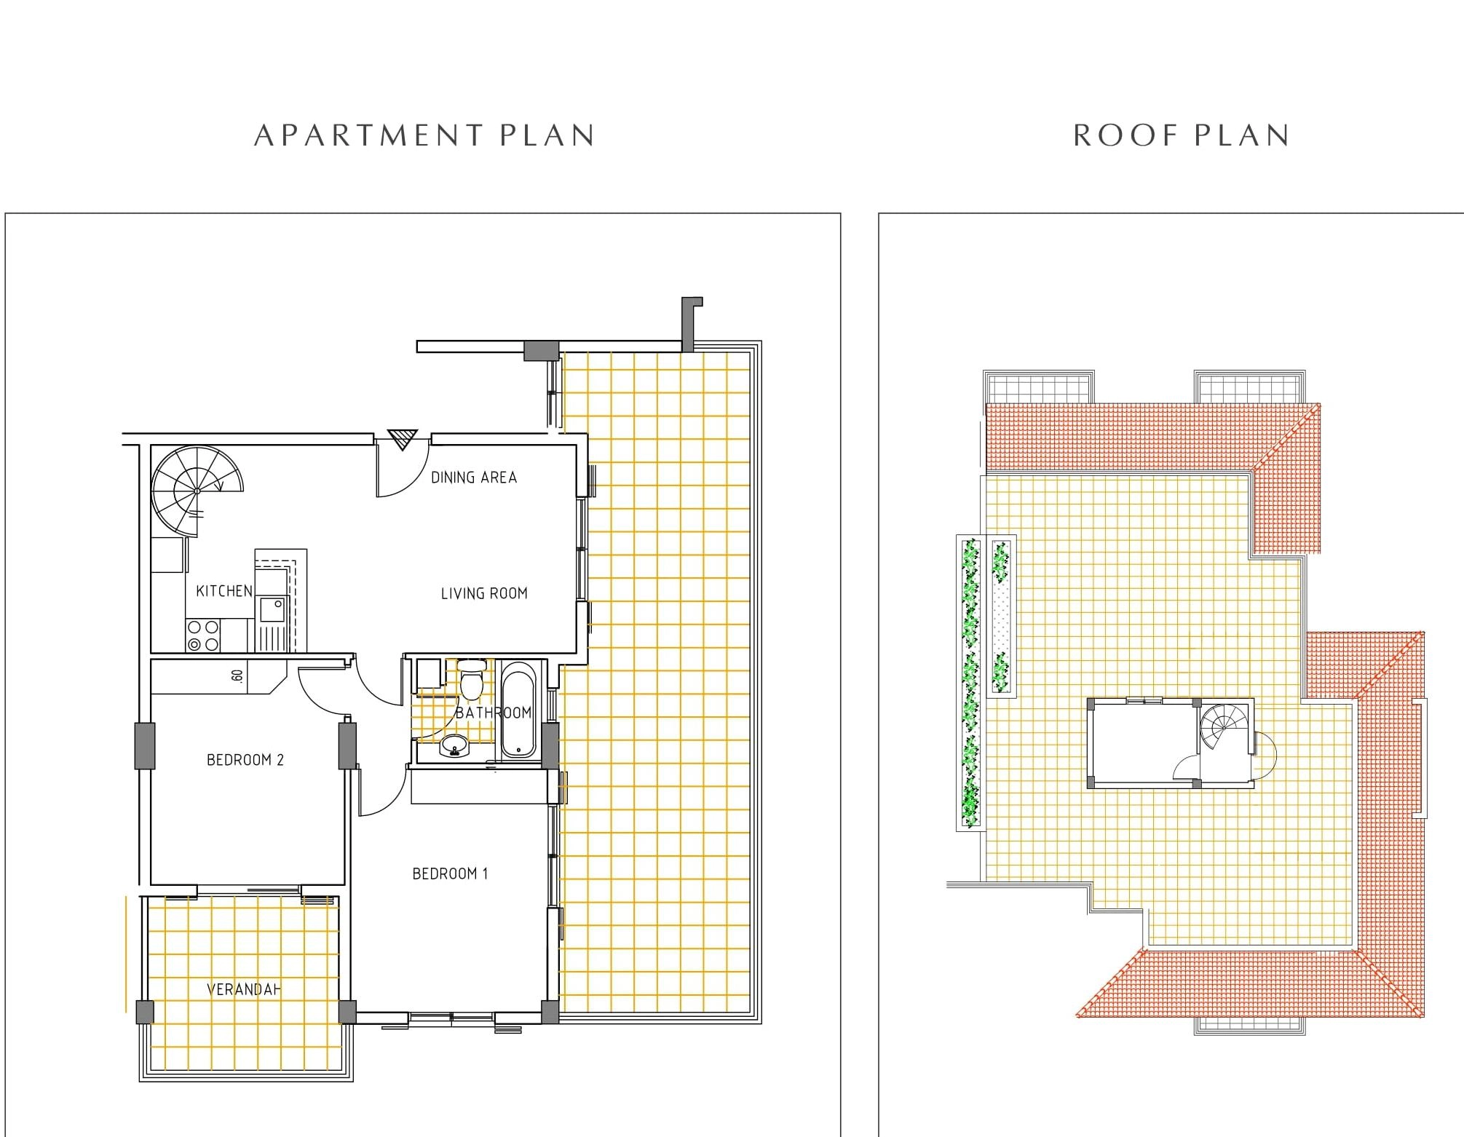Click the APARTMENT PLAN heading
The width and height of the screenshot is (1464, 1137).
coord(424,135)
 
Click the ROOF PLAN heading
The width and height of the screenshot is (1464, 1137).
coord(1181,135)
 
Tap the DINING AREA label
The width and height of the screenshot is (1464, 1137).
coord(474,478)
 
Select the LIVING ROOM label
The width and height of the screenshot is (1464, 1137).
coord(484,593)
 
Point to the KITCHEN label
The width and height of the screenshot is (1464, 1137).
coord(224,591)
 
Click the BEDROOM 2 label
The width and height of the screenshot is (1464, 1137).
coord(245,760)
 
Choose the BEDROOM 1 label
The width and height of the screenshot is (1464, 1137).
coord(450,873)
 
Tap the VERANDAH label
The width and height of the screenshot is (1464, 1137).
coord(244,989)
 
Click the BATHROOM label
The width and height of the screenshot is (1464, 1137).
coord(494,713)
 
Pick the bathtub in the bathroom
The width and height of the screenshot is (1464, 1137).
coord(518,710)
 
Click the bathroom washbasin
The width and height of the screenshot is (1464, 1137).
coord(455,745)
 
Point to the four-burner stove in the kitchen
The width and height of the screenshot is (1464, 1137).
coord(203,635)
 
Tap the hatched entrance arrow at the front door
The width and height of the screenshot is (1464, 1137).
coord(401,440)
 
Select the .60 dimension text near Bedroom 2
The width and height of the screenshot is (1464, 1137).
coord(237,676)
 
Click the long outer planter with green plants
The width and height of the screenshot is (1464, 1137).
coord(969,683)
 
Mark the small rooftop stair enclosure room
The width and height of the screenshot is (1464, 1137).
coord(1171,743)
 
